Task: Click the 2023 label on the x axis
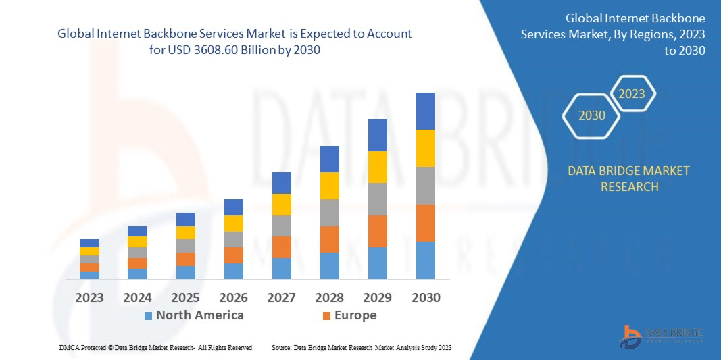[x=89, y=297]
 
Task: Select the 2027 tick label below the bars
[x=282, y=297]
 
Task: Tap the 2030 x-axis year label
[x=426, y=297]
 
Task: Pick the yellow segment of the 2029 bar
[x=377, y=167]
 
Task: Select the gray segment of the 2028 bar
[x=329, y=212]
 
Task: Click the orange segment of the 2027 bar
[x=282, y=247]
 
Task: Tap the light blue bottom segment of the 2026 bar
[x=234, y=271]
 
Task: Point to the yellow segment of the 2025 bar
[x=186, y=232]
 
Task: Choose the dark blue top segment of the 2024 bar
[x=137, y=231]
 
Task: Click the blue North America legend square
[x=148, y=315]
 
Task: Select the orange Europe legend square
[x=326, y=315]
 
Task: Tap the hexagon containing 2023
[x=632, y=94]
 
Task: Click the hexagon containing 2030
[x=592, y=115]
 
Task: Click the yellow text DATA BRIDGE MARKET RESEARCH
[x=629, y=178]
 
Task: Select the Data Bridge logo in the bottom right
[x=662, y=336]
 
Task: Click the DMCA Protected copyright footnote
[x=156, y=347]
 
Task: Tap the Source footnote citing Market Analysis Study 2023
[x=361, y=347]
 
